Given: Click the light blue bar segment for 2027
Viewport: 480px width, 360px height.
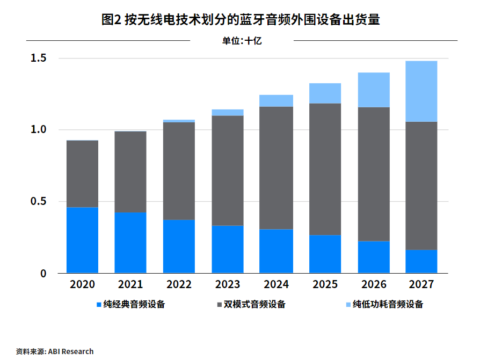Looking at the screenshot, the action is pos(421,91).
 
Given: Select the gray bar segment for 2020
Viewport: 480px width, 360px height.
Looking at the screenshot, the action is pos(82,174).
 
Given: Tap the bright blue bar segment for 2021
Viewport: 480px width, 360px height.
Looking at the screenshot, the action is pos(130,243).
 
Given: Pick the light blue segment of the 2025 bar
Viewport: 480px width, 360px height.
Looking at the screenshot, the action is pos(325,93).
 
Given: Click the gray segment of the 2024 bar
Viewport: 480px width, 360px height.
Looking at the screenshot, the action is pos(276,168).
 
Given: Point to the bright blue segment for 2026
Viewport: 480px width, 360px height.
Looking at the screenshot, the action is pos(374,257).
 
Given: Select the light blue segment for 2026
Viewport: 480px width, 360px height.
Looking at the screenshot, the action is pos(374,90).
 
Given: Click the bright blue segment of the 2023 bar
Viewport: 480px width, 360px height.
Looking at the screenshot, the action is pos(228,249).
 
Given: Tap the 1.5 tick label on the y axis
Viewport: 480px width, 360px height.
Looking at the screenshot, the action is pos(38,58).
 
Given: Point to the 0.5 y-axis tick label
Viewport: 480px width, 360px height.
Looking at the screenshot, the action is pos(38,201).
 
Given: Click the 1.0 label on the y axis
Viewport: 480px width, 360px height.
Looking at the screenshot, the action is pos(38,129).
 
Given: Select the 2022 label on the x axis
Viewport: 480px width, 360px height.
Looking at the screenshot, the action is pos(179,284).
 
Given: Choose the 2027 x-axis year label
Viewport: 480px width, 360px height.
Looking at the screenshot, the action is pos(421,284).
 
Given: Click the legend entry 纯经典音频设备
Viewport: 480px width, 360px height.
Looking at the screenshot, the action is pos(131,304).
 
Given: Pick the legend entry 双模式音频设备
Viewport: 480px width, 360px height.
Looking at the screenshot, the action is pos(251,304).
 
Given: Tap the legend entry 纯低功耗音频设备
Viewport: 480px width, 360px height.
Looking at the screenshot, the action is pos(384,304).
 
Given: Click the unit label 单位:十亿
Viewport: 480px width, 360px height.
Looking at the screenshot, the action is pos(242,41).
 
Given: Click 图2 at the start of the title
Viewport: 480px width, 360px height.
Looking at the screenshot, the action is pos(112,19).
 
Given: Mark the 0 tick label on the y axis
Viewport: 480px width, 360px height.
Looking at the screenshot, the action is pos(43,274).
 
